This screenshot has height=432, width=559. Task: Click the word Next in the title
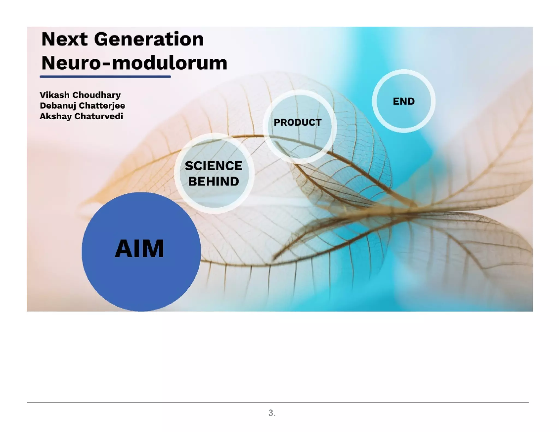[64, 39]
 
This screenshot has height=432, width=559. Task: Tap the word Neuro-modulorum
[134, 63]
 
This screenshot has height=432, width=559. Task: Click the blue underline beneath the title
[105, 77]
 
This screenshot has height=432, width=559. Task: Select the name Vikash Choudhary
[80, 95]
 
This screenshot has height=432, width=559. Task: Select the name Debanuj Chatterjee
[82, 106]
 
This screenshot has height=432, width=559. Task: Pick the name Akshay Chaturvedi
[81, 116]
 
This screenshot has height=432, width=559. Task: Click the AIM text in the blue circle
[139, 248]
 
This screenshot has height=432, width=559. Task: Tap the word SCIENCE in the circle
[213, 166]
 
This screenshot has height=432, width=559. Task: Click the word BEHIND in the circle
[213, 182]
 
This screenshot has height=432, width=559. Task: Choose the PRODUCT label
[298, 123]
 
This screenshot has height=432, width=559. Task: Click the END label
[403, 102]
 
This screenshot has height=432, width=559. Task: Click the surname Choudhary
[96, 95]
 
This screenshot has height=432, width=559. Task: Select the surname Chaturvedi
[99, 116]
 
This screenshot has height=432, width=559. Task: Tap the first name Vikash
[54, 95]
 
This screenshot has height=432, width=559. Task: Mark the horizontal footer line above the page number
[277, 402]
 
